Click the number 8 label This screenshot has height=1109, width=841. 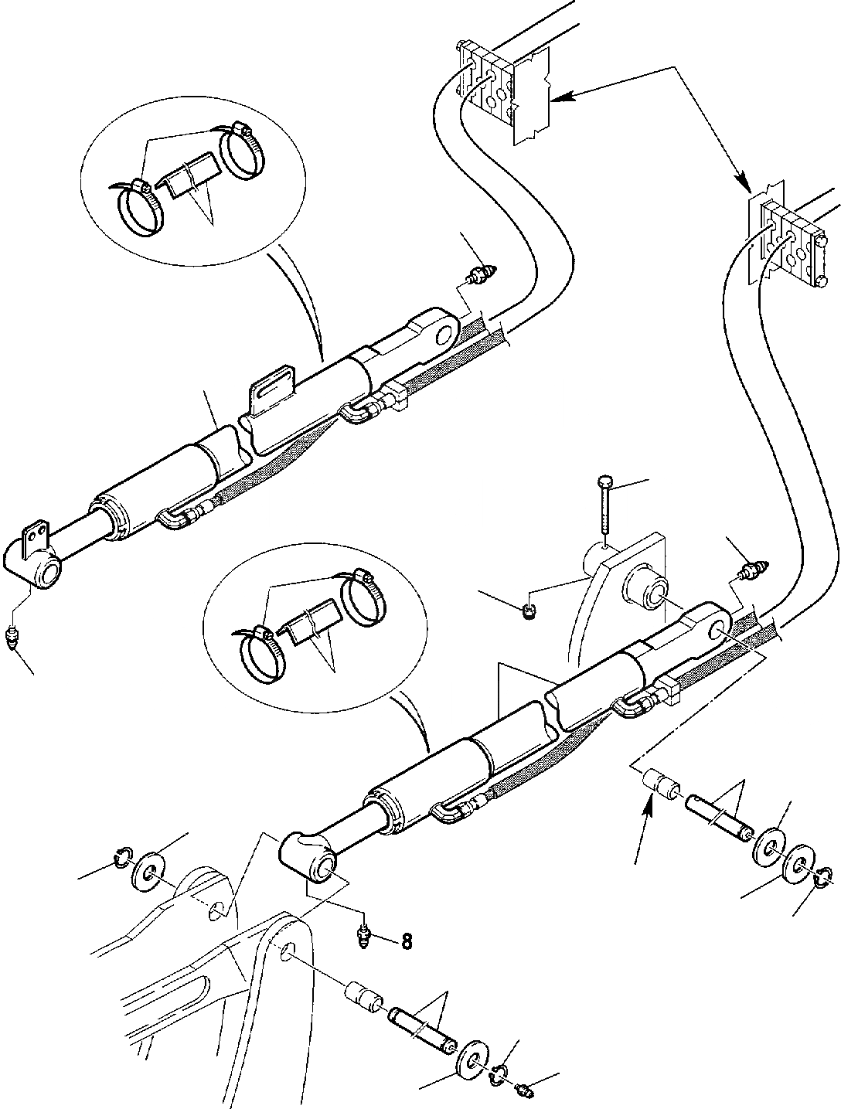(407, 941)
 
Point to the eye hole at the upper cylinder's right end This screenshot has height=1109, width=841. (445, 334)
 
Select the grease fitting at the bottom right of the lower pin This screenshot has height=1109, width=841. (523, 1090)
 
